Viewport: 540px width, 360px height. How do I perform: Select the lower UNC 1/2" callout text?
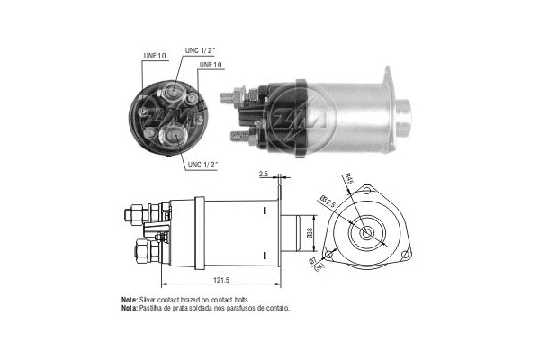[x=206, y=165]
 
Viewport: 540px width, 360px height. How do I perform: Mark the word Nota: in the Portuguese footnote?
[x=130, y=308]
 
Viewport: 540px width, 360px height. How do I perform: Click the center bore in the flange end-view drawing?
[x=368, y=232]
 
